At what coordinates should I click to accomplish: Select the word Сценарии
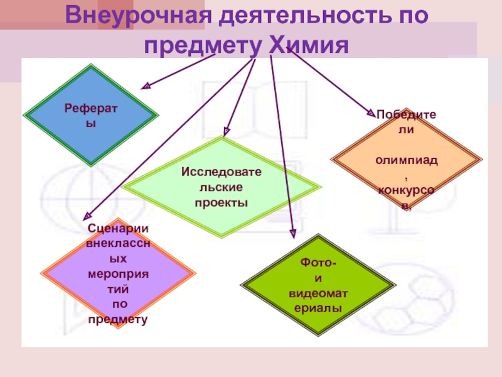(118, 229)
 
